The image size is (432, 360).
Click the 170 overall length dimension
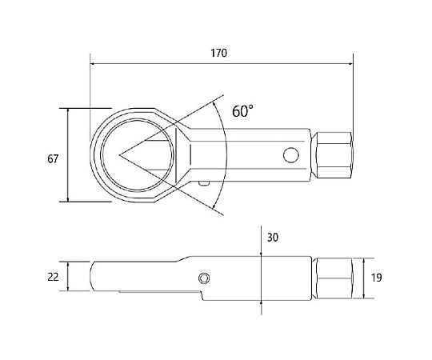pyautogui.click(x=218, y=53)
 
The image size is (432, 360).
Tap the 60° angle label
pyautogui.click(x=242, y=111)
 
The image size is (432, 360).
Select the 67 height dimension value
pyautogui.click(x=53, y=159)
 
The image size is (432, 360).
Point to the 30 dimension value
pyautogui.click(x=273, y=238)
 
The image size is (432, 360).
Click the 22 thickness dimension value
pyautogui.click(x=53, y=277)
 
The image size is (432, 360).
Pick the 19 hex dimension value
pyautogui.click(x=377, y=278)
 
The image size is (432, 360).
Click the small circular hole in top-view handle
pyautogui.click(x=291, y=155)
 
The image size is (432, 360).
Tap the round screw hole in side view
pyautogui.click(x=204, y=278)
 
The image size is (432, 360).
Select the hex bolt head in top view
pyautogui.click(x=333, y=155)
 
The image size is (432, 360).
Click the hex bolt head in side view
pyautogui.click(x=333, y=278)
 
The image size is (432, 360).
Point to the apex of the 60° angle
pyautogui.click(x=119, y=155)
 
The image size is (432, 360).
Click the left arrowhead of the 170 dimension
pyautogui.click(x=93, y=64)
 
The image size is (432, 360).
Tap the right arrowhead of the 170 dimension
pyautogui.click(x=350, y=64)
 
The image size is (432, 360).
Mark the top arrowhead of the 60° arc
pyautogui.click(x=214, y=103)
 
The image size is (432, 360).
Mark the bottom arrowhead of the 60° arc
pyautogui.click(x=214, y=206)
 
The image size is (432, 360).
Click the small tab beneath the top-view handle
pyautogui.click(x=205, y=183)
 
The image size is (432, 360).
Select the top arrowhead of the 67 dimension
pyautogui.click(x=68, y=111)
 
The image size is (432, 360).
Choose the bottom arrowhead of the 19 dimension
pyautogui.click(x=364, y=295)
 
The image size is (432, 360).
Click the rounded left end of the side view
pyautogui.click(x=90, y=276)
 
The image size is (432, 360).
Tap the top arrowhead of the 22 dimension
pyautogui.click(x=68, y=264)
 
